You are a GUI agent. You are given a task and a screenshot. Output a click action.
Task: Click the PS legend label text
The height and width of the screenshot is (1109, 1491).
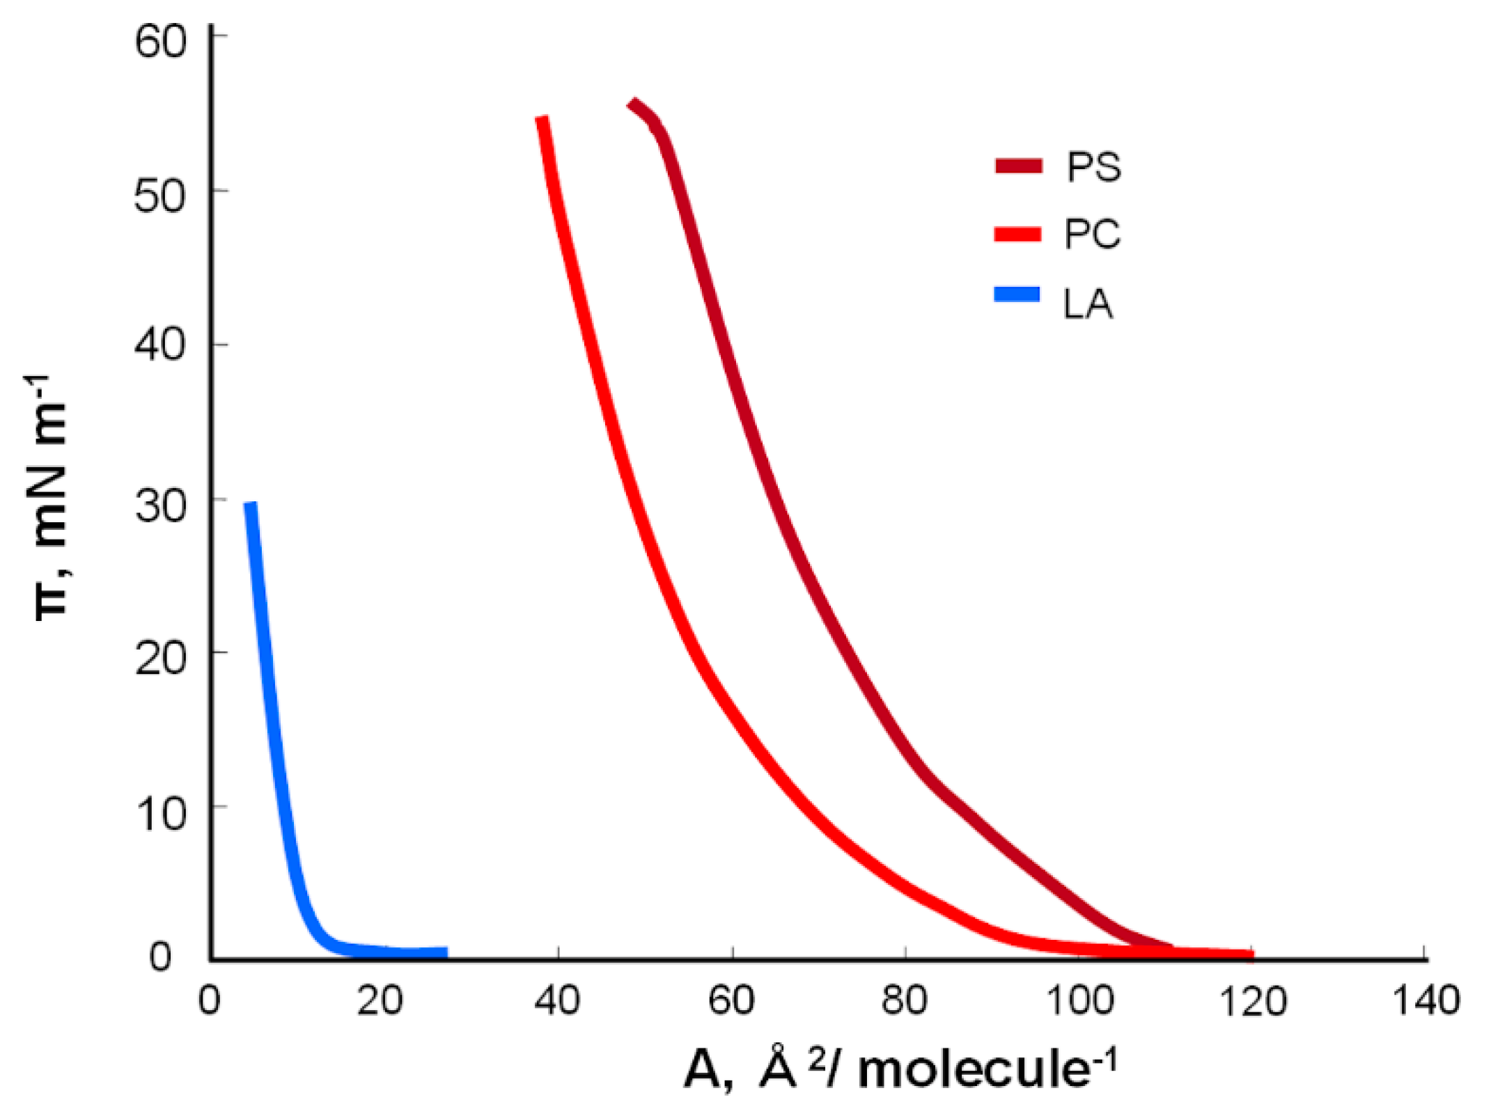1093,168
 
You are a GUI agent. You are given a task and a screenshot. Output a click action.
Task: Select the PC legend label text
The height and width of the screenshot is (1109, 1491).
1092,235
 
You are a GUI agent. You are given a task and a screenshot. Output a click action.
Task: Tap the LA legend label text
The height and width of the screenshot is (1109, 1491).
1087,304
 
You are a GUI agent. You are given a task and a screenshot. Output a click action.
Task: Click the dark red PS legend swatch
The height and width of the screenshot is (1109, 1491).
1018,166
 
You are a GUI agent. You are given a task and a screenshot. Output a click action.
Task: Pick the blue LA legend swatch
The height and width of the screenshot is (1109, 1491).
1017,294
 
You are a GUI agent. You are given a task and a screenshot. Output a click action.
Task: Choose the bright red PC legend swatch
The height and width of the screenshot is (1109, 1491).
1017,234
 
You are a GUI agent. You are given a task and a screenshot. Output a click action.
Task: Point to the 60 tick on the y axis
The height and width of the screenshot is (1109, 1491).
160,42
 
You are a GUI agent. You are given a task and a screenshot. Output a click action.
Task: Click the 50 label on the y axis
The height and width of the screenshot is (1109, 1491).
160,196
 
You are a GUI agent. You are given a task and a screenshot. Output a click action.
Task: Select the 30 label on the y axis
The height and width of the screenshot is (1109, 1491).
160,506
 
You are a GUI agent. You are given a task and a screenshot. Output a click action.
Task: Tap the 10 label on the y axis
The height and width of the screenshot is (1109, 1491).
160,813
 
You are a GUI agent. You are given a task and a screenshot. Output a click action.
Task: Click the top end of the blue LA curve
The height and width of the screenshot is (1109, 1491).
250,504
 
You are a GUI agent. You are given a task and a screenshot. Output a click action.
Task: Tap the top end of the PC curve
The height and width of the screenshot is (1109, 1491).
542,118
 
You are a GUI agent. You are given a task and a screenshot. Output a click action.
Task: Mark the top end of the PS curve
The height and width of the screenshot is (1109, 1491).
632,104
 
